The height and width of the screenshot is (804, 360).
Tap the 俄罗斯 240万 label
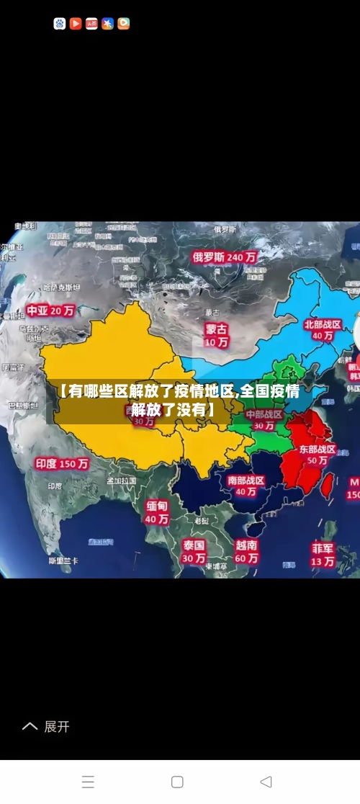(x=224, y=256)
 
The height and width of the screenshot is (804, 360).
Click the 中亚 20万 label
(x=50, y=311)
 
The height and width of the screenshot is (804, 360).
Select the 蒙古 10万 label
(x=216, y=335)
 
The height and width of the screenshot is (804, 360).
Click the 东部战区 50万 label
(x=318, y=455)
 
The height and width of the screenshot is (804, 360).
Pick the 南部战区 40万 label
(x=246, y=486)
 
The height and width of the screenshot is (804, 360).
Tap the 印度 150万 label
(x=62, y=464)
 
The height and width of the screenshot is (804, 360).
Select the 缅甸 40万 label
(x=157, y=512)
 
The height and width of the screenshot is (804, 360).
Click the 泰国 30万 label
(x=193, y=551)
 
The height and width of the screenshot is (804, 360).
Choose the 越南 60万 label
(x=246, y=552)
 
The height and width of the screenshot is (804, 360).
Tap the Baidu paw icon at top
(x=60, y=24)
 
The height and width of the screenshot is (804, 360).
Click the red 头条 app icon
(x=91, y=24)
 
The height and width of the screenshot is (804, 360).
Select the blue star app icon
(x=107, y=24)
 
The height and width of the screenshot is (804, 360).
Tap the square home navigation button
(x=177, y=782)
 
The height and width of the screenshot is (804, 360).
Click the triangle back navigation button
(x=266, y=782)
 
